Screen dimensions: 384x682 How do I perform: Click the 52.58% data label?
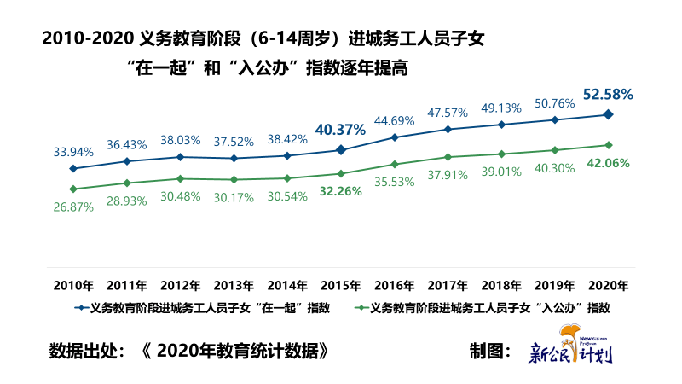608,94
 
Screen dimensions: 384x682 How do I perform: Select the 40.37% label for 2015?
340,130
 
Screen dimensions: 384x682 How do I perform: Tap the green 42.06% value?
608,163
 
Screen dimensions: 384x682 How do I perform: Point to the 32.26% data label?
340,191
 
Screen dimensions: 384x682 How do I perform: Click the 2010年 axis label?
73,285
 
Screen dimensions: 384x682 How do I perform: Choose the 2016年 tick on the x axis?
394,285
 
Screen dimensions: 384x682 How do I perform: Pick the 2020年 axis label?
608,285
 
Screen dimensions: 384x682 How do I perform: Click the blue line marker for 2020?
608,114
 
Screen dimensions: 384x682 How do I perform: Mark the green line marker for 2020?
608,145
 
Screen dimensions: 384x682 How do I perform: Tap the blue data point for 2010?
73,169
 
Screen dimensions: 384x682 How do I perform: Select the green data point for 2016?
394,164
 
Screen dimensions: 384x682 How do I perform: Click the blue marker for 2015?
340,150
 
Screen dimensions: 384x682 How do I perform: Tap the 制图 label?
490,351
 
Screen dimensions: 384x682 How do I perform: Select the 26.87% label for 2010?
73,207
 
